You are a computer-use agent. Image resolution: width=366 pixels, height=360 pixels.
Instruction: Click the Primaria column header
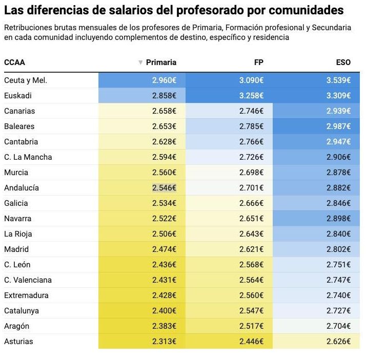[161, 62]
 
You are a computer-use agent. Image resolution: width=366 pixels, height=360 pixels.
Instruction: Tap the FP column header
[259, 62]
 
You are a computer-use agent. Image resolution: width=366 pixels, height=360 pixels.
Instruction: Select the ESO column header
[343, 62]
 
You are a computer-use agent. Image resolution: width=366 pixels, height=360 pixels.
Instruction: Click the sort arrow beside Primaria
[140, 63]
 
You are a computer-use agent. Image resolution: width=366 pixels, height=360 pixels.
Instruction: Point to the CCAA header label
[14, 62]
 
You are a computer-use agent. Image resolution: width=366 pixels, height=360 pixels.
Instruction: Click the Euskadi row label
[18, 96]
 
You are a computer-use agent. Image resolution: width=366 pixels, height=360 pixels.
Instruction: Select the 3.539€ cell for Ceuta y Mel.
[338, 80]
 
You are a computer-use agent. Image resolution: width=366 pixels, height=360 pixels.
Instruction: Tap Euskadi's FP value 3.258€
[252, 96]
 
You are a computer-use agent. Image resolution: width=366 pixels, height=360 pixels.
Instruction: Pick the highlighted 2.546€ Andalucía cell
[164, 188]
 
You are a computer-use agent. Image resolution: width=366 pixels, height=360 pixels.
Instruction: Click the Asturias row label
[18, 342]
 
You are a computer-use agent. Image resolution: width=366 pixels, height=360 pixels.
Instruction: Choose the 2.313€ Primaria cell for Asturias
[164, 342]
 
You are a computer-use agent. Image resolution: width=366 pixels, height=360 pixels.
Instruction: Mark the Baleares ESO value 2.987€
[338, 126]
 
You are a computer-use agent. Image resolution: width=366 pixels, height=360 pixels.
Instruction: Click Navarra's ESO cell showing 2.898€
[338, 219]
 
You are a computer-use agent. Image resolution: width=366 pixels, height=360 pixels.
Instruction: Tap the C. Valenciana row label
[28, 280]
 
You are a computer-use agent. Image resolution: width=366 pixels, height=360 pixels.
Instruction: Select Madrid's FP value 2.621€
[252, 249]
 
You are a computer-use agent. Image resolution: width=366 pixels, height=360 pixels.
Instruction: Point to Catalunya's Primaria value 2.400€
[164, 311]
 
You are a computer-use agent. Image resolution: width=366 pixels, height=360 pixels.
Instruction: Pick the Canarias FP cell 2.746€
[252, 111]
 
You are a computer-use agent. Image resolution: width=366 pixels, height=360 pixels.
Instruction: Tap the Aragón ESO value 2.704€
[338, 326]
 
